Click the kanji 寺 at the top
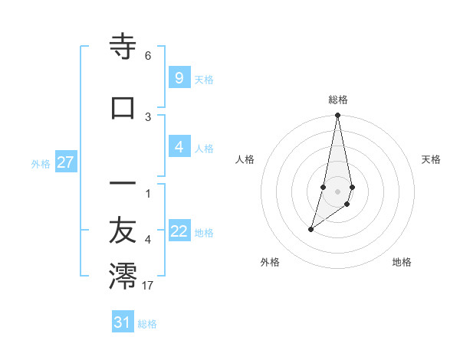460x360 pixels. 123,47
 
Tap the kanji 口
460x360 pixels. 123,107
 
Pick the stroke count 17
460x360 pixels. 148,286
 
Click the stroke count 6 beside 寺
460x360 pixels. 148,56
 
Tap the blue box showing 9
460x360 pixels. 179,78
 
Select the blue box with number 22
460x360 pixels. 179,231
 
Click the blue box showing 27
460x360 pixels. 65,162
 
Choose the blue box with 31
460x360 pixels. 123,322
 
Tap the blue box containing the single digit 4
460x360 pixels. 179,147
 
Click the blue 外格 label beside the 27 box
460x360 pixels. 41,164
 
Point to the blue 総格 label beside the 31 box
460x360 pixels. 147,324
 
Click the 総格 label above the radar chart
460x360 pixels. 338,100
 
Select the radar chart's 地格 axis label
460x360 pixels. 402,262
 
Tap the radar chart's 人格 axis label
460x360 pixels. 245,159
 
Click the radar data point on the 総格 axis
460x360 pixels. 338,116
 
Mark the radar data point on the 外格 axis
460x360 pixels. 310,229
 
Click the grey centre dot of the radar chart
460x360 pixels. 338,191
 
